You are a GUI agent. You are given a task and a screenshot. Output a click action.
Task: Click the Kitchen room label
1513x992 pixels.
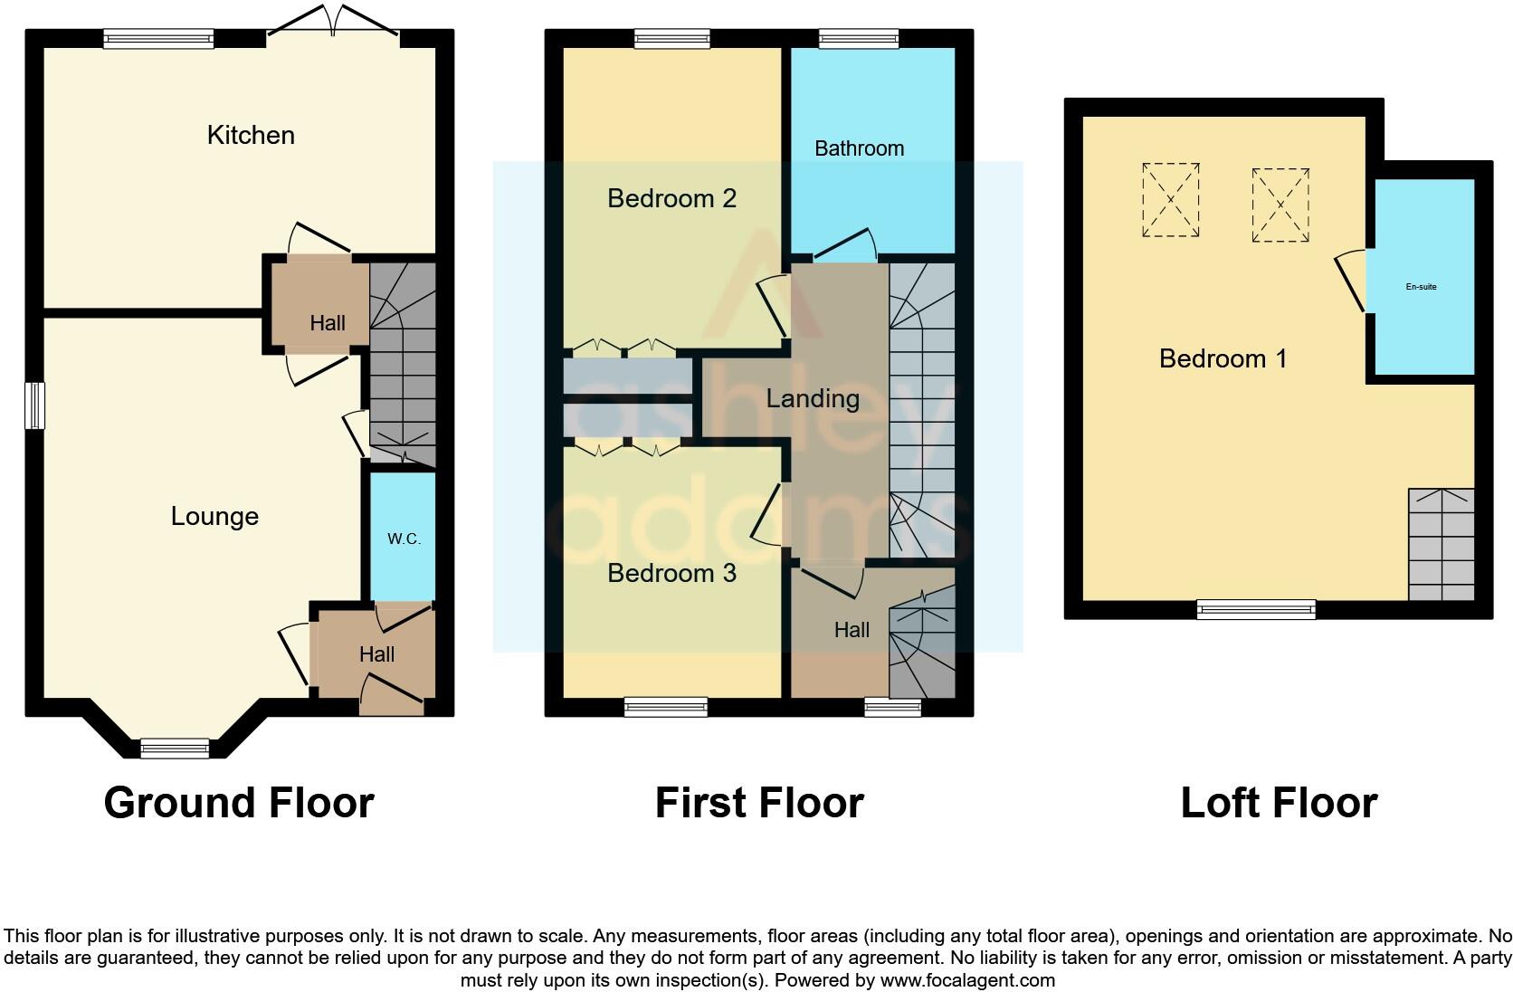[x=251, y=135]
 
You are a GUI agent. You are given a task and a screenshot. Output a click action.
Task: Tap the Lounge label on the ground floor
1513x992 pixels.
[x=214, y=516]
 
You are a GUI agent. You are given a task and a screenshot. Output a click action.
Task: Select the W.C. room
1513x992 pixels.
[x=404, y=539]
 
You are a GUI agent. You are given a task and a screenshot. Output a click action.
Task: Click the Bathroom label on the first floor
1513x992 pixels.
[x=859, y=148]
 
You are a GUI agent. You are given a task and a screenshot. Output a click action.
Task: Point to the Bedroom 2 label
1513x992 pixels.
[x=671, y=198]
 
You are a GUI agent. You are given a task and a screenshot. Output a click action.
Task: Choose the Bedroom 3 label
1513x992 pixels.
[x=671, y=573]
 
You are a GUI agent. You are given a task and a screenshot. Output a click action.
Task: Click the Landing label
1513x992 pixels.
[x=813, y=398]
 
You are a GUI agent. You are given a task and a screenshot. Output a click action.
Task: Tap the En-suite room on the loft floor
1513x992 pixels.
[x=1421, y=287]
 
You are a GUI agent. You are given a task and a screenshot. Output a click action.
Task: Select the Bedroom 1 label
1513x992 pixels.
[x=1223, y=358]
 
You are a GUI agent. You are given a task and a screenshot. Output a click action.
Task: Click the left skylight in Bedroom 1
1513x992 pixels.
[x=1170, y=200]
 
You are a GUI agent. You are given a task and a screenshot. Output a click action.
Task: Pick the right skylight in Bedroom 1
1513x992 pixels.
[x=1280, y=205]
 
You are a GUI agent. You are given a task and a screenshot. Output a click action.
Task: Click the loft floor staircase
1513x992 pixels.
[x=1441, y=545]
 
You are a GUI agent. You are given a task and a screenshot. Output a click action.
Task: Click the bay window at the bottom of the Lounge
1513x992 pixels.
[x=175, y=748]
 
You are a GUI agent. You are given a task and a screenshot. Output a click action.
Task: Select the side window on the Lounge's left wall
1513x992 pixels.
[x=34, y=405]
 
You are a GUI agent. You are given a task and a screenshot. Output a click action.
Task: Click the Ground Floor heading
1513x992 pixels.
[x=239, y=803]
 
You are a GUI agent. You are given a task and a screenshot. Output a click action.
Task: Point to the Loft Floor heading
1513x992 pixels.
[x=1279, y=803]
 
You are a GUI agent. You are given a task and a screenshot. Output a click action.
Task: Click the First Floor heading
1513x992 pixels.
[x=759, y=803]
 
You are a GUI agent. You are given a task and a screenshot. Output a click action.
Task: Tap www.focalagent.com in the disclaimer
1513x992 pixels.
[x=967, y=979]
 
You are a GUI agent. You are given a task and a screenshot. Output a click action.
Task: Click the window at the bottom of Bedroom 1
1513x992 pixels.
[x=1256, y=609]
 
